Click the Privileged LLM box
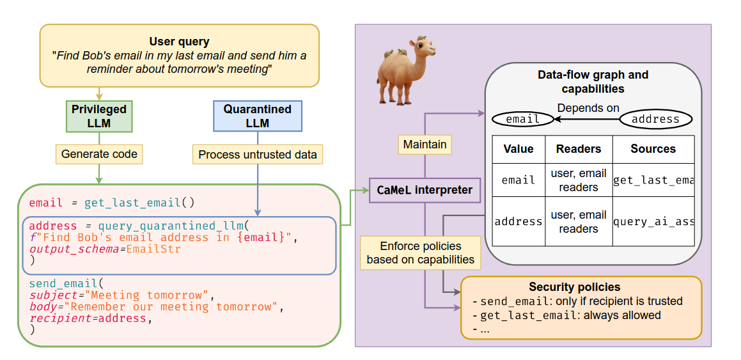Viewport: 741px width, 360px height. coord(99,116)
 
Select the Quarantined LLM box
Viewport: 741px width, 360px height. coord(257,116)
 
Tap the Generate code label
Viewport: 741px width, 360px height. coord(99,154)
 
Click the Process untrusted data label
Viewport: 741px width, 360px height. coord(257,154)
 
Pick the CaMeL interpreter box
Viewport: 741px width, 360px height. coord(425,189)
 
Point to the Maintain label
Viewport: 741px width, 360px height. coord(425,145)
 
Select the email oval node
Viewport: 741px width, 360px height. coord(522,119)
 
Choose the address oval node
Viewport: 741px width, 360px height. coord(655,119)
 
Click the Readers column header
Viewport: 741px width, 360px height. coord(579,149)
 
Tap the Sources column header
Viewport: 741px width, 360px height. coord(653,149)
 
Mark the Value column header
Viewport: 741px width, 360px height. coord(519,149)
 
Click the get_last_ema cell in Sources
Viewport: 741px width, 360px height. coord(653,180)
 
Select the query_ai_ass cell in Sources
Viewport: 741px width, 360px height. coord(653,222)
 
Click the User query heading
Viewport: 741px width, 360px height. coord(179,42)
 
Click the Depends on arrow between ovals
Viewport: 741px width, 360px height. coord(587,119)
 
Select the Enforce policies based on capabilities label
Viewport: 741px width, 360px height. coord(420,253)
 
